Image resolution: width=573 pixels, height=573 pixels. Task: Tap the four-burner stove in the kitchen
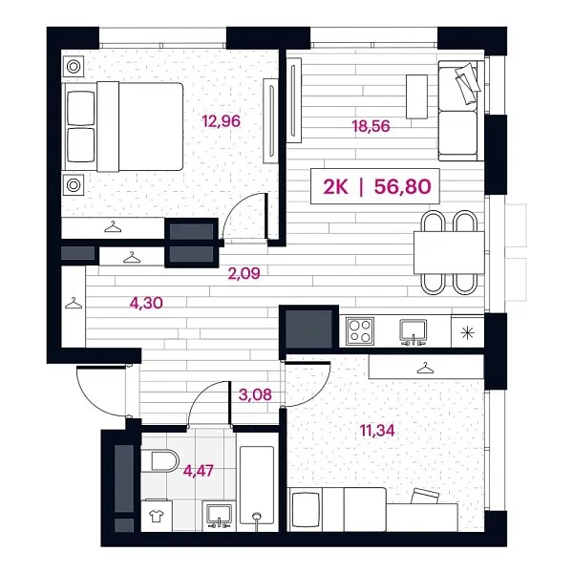coord(361,330)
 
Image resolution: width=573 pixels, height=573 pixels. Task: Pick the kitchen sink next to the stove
coord(413,330)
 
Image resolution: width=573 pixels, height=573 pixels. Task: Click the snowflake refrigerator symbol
coord(466,331)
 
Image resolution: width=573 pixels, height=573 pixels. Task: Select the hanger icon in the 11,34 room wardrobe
coord(423,366)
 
